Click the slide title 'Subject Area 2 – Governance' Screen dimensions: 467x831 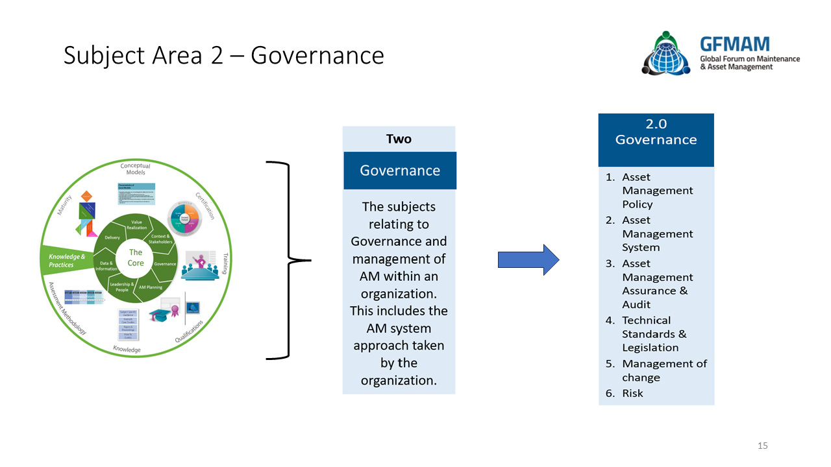[223, 56]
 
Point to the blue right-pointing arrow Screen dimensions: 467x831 [528, 260]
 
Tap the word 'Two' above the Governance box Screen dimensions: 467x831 [399, 139]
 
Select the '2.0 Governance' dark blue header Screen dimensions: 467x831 [656, 132]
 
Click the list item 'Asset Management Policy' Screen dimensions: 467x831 [656, 191]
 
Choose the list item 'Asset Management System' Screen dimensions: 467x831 [656, 234]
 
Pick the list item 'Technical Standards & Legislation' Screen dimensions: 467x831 [653, 334]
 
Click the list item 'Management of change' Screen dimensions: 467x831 [664, 370]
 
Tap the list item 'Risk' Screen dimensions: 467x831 [632, 393]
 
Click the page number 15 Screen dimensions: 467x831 [763, 446]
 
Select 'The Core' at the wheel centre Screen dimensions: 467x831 [136, 257]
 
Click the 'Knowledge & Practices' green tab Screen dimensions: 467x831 [66, 261]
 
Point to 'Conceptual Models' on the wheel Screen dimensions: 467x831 [135, 169]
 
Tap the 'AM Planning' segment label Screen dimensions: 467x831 [151, 287]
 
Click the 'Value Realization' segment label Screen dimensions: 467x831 [137, 224]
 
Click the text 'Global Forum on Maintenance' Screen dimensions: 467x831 [749, 59]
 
